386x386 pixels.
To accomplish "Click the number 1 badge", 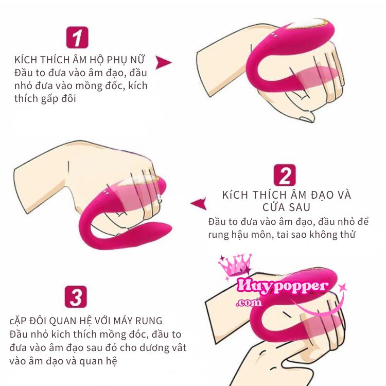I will tap(77, 38).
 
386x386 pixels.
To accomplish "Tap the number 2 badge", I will tap(285, 175).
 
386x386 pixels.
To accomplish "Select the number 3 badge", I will tap(76, 297).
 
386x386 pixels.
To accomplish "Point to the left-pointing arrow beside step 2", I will tap(199, 204).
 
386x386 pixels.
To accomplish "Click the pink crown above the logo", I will tap(235, 266).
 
